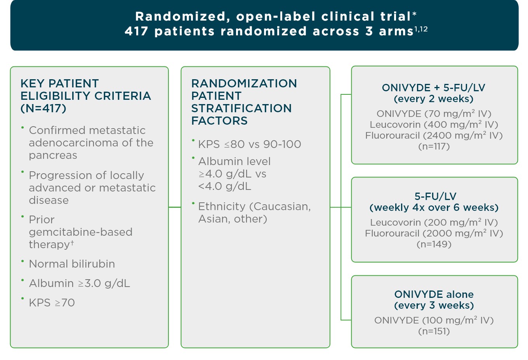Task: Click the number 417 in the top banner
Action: (x=137, y=31)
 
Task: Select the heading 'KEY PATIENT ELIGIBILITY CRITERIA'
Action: (x=85, y=90)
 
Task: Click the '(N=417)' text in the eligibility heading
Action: (x=43, y=108)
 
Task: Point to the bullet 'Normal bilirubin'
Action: (x=72, y=264)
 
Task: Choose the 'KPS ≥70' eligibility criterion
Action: (x=52, y=303)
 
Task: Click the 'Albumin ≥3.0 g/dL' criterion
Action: (x=79, y=283)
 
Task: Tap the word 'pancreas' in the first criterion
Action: (x=53, y=155)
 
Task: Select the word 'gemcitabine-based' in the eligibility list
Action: (x=80, y=232)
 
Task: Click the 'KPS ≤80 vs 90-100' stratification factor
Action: (x=249, y=144)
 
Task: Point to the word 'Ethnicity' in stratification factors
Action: (x=222, y=207)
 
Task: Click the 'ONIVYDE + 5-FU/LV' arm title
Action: (x=434, y=88)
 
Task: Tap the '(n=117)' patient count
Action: (x=434, y=147)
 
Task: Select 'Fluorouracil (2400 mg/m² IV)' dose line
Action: (x=434, y=136)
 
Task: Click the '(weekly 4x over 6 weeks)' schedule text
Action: (x=434, y=207)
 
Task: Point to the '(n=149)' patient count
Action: (x=434, y=244)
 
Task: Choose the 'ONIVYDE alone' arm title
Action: (x=434, y=294)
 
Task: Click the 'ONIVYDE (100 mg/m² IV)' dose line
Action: (x=434, y=320)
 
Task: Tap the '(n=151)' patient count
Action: (x=434, y=331)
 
